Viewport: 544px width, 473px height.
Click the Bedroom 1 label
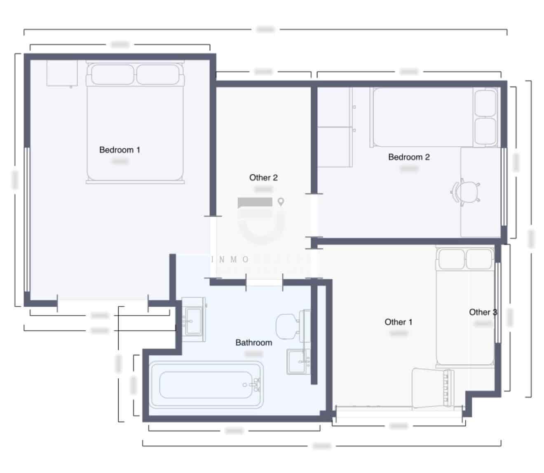tap(120, 150)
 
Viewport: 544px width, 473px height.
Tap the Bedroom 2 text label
tap(409, 157)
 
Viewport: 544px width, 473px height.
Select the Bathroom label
tap(253, 342)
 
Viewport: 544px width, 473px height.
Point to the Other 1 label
tap(398, 322)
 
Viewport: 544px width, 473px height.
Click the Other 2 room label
tap(263, 178)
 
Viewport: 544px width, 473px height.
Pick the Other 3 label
tap(483, 312)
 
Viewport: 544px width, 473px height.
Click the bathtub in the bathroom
tap(206, 385)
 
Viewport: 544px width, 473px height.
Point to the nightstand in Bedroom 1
tap(62, 73)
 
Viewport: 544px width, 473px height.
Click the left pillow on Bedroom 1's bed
tap(113, 75)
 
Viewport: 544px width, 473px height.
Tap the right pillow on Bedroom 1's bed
tap(158, 75)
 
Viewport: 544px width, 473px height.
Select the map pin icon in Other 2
tap(281, 202)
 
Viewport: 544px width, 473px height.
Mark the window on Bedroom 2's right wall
tap(504, 186)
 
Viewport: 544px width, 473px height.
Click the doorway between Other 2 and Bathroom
tap(264, 282)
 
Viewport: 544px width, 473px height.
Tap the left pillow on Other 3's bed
tap(451, 259)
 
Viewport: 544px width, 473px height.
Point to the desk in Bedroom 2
tap(480, 192)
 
